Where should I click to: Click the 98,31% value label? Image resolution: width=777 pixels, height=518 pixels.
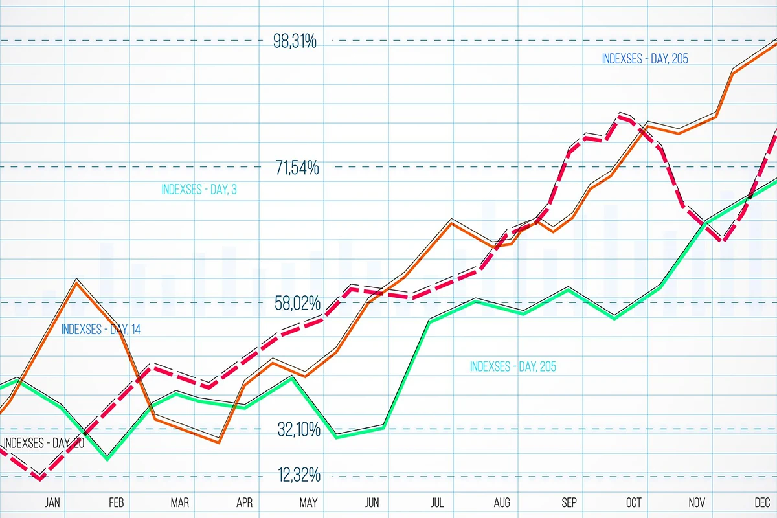295,42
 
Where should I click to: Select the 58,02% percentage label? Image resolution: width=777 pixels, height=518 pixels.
297,303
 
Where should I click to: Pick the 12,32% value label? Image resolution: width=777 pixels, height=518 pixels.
299,476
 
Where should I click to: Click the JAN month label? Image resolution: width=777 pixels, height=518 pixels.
52,502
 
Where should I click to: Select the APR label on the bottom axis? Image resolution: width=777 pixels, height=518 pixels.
245,502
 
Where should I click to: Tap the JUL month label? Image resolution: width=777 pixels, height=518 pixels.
438,502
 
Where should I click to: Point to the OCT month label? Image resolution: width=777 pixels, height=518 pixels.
633,502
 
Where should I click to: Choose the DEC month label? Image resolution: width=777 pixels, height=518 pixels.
762,502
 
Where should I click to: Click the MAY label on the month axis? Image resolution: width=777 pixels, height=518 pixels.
309,502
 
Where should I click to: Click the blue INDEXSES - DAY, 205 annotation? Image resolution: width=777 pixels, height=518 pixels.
645,59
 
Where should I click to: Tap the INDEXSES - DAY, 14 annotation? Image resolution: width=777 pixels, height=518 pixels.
101,329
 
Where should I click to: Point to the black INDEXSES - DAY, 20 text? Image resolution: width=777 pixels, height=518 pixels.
44,444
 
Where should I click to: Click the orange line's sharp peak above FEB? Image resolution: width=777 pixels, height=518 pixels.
77,282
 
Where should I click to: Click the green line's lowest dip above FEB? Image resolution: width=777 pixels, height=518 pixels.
107,458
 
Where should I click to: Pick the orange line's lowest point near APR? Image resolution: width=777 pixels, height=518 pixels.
220,442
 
